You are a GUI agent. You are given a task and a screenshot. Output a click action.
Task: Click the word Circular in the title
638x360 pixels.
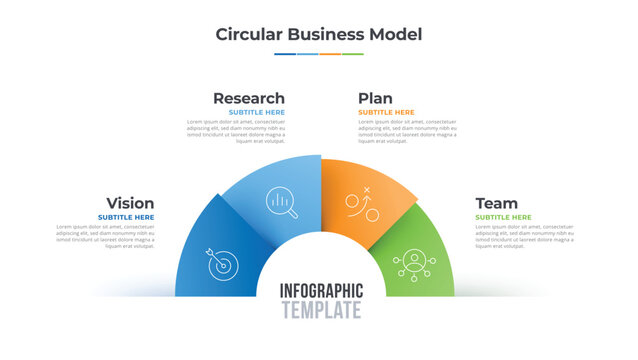pos(249,34)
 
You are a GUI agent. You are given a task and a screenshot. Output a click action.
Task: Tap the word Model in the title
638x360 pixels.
pos(393,34)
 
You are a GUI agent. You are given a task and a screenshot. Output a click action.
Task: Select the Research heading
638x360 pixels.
pos(248,98)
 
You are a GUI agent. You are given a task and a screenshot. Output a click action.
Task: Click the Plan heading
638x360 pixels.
pos(375,98)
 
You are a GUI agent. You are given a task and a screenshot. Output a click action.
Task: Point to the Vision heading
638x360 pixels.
pos(130,203)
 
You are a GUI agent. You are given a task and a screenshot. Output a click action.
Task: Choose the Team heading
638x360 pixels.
pos(496,203)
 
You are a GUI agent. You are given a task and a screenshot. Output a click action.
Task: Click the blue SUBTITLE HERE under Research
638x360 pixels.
pos(256,113)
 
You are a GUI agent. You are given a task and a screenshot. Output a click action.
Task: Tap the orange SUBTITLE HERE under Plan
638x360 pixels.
pos(386,113)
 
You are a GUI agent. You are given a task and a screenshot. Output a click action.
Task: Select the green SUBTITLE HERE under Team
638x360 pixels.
pos(503,217)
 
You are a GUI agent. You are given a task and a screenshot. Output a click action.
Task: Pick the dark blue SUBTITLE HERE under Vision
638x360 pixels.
pos(126,217)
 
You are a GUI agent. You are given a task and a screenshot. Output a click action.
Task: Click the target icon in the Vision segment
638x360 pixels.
pos(222,262)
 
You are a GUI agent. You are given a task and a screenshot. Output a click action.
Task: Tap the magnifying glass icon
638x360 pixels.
pos(282,203)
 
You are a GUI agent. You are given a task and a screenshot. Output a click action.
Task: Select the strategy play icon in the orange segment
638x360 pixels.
pos(359,204)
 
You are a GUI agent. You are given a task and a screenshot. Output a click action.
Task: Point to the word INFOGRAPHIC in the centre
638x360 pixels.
pos(321,291)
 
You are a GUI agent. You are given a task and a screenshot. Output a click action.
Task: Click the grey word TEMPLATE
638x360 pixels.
pos(321,311)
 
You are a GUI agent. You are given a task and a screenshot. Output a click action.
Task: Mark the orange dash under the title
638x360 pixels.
pos(330,54)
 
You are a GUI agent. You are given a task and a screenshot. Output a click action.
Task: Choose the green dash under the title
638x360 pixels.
pos(353,54)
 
